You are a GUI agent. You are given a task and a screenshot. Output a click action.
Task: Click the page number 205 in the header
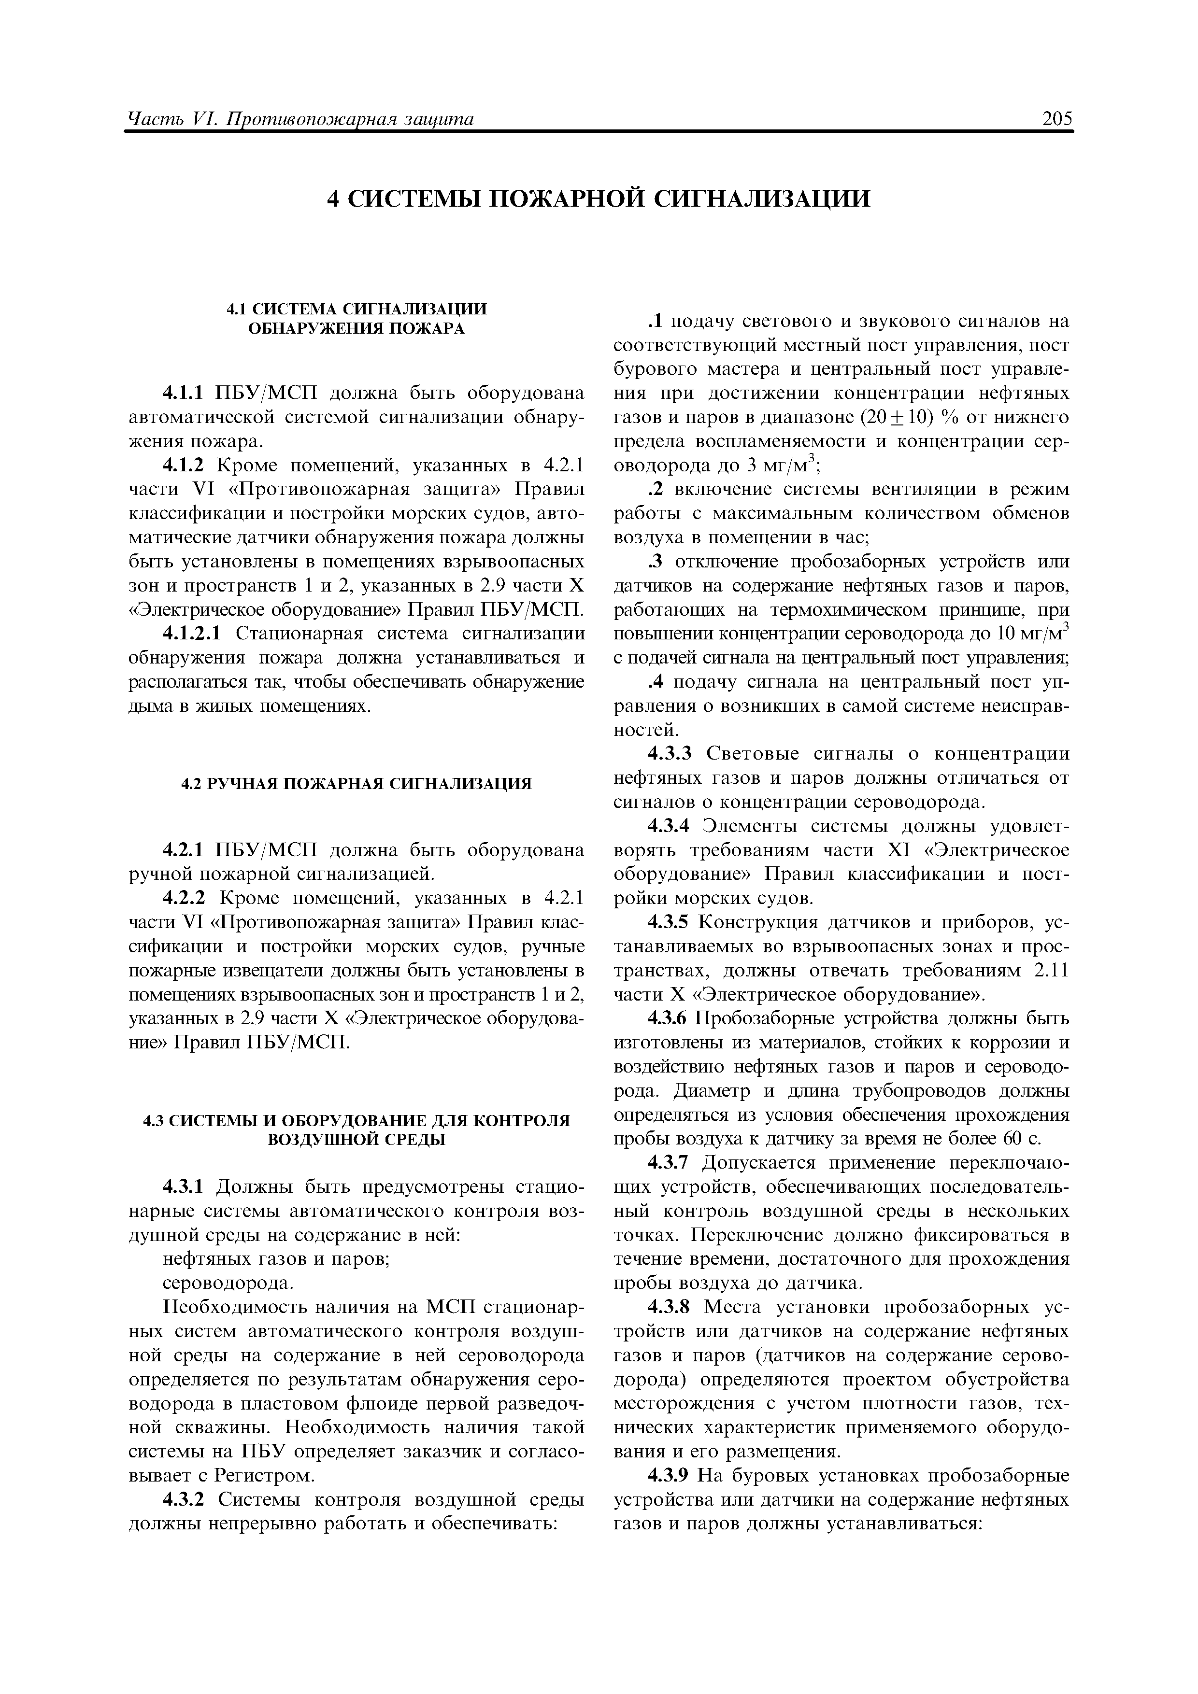coord(1057,119)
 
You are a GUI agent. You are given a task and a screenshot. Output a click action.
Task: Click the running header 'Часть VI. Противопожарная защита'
coord(301,119)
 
